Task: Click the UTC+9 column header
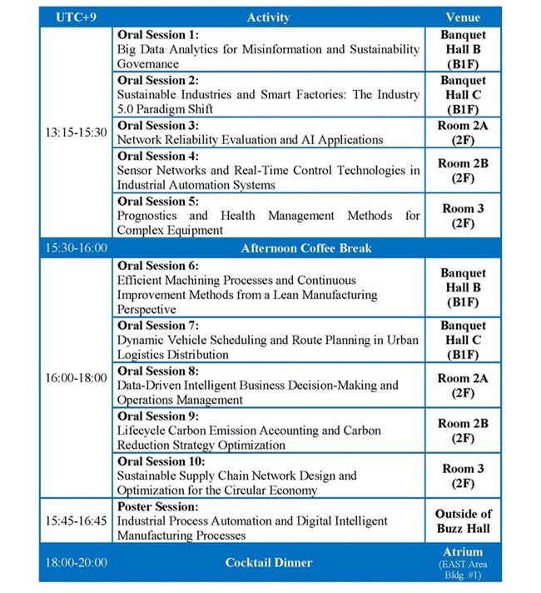point(74,17)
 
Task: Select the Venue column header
point(463,17)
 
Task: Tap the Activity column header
point(268,17)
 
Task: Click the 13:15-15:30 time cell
point(74,132)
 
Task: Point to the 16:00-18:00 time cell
point(74,377)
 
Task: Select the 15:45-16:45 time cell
point(74,521)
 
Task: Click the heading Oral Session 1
point(158,36)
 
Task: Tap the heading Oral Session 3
point(158,126)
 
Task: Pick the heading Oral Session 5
point(158,201)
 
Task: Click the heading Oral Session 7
point(158,326)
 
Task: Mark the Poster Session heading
point(156,506)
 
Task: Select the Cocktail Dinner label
point(268,562)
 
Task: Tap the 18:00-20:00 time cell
point(74,562)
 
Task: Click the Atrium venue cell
point(463,562)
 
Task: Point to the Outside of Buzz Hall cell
point(463,521)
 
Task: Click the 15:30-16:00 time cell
point(74,248)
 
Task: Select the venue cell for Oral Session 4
point(463,171)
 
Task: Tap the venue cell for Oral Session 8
point(463,385)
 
